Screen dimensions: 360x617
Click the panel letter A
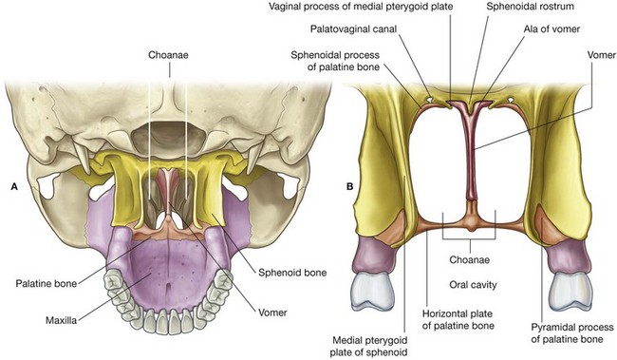tap(13, 186)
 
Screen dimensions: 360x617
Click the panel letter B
tap(350, 185)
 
